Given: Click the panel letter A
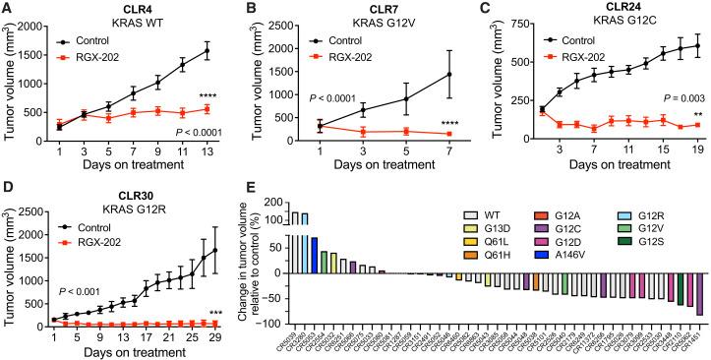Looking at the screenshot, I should (7, 10).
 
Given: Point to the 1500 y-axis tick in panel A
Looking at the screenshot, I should (53, 49).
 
